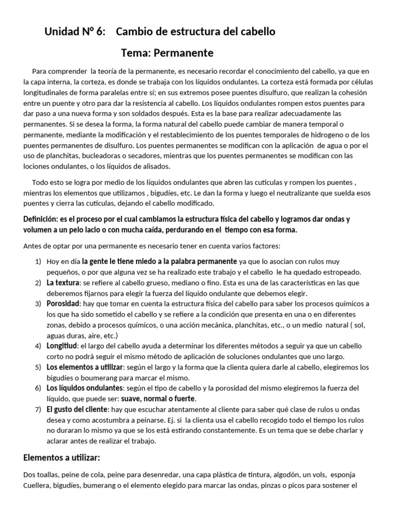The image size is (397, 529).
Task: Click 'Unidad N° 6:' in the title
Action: coord(75,32)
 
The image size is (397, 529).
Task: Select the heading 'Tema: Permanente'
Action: coord(167,53)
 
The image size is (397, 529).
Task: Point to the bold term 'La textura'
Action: coord(63,283)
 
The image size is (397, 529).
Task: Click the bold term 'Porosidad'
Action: coord(63,303)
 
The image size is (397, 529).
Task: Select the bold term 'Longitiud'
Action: coord(62,346)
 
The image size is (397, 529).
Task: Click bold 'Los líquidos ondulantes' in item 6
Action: coord(85,388)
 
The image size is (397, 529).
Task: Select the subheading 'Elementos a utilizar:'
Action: coord(62,458)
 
